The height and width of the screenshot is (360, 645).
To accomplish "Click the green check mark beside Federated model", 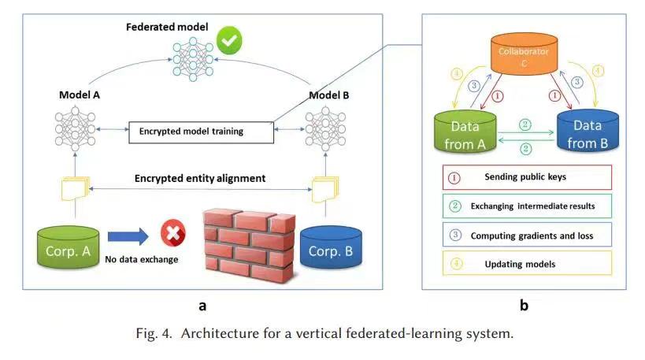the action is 229,40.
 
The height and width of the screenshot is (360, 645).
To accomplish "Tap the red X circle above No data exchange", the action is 173,233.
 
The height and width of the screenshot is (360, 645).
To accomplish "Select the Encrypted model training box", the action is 201,132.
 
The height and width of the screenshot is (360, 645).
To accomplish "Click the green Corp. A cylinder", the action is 69,247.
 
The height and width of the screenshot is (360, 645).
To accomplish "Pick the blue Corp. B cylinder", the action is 331,247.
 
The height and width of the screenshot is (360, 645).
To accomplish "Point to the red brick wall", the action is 250,245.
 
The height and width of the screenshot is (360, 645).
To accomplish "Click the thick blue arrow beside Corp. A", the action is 128,236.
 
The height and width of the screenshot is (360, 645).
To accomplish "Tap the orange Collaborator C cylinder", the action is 524,54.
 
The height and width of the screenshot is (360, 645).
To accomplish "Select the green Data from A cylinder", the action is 465,132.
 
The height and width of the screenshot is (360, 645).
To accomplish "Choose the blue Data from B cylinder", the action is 588,131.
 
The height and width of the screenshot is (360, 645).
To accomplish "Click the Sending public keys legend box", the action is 528,177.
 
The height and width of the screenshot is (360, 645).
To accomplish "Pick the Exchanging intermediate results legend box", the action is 528,206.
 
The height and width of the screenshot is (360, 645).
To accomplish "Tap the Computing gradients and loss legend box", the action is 528,235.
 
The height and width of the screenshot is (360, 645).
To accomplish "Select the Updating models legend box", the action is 528,263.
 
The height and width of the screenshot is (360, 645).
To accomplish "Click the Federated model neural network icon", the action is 193,59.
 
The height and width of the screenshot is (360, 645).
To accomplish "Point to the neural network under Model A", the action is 76,128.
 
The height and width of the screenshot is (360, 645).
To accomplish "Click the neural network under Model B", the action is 325,128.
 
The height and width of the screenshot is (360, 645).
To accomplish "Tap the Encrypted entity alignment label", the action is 200,178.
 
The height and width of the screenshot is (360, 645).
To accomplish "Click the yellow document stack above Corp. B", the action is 325,189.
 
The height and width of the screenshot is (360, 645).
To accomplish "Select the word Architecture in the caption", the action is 220,333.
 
